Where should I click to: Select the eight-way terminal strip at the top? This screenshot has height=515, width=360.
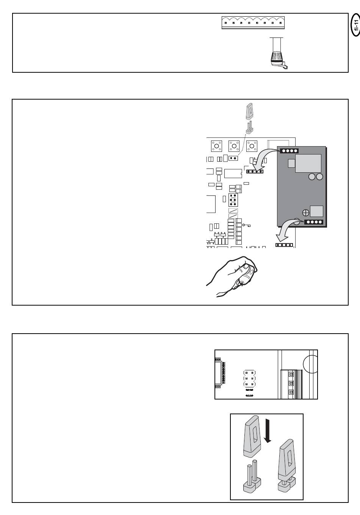tap(253, 23)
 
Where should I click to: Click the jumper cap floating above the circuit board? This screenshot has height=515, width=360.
tap(249, 111)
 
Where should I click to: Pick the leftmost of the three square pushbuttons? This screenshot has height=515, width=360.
tap(216, 146)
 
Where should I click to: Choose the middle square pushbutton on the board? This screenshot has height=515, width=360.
tap(234, 146)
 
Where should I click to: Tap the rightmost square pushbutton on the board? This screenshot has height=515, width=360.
tap(252, 146)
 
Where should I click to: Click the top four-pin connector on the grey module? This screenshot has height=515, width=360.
tap(289, 151)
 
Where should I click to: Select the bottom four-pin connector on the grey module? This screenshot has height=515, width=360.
tap(314, 222)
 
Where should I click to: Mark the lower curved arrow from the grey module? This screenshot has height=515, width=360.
tap(288, 230)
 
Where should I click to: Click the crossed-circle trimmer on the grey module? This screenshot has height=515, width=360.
tap(306, 213)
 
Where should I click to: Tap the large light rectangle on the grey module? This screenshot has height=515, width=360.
tap(308, 163)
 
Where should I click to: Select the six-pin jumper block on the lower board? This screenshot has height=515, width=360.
tap(250, 378)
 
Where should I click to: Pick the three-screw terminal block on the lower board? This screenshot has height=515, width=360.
tap(291, 384)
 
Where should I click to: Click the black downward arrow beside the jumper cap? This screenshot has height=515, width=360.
tap(268, 431)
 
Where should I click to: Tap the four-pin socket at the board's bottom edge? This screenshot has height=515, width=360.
tap(284, 245)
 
